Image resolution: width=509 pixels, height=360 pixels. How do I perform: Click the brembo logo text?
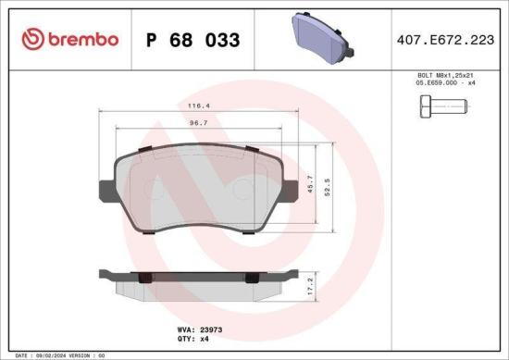click(76, 40)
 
